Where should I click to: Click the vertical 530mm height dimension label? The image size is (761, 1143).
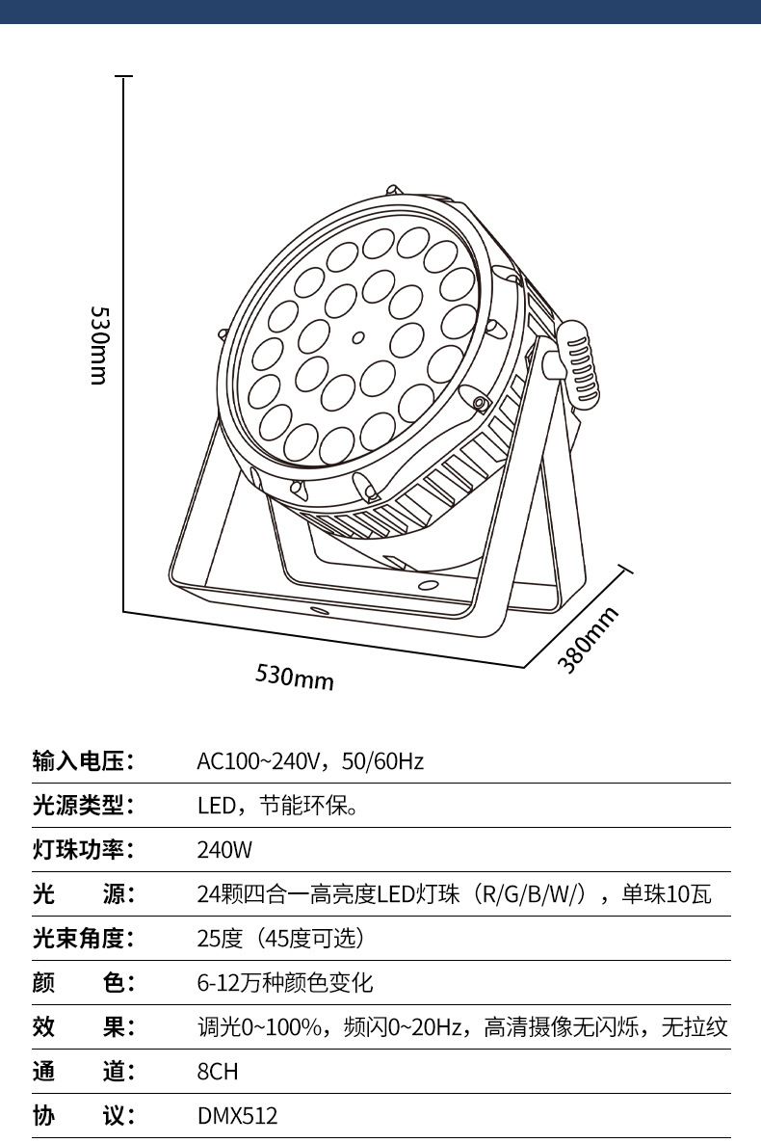tap(98, 345)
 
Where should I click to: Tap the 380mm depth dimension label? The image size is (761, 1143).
tap(589, 639)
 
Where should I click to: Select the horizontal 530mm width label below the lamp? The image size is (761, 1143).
tap(295, 677)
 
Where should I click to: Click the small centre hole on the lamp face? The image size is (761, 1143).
tap(358, 338)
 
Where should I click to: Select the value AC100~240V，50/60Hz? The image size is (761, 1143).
tap(310, 761)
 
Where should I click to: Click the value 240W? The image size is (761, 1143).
tap(224, 850)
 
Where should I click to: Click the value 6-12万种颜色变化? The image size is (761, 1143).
tap(285, 983)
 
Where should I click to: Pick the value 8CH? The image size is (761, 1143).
tap(218, 1072)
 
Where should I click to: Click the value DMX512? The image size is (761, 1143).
tap(238, 1116)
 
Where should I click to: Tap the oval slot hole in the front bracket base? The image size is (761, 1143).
tap(319, 611)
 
